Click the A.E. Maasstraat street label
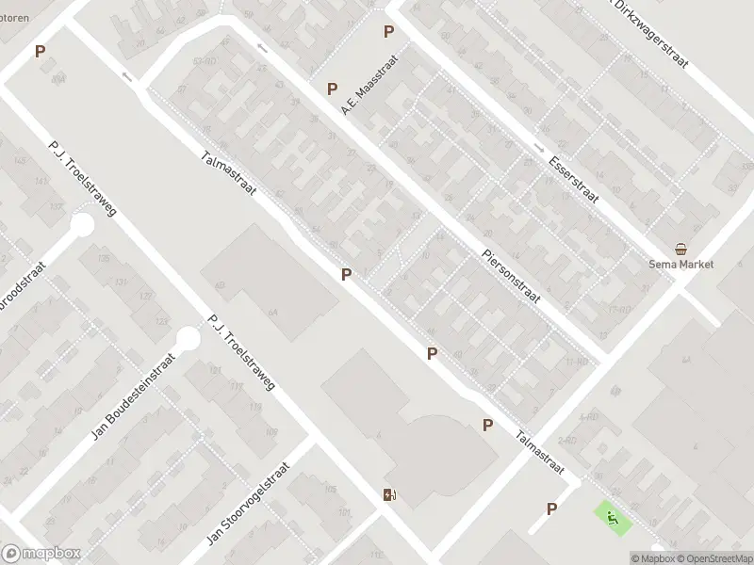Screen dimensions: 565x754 (x=370, y=86)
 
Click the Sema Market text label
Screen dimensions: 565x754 (x=680, y=265)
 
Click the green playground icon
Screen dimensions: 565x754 (x=612, y=516)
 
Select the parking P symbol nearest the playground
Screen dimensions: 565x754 (x=551, y=508)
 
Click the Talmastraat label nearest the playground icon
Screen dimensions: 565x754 (x=540, y=452)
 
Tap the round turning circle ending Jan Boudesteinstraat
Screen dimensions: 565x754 (x=188, y=337)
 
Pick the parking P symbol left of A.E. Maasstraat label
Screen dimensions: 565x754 (x=332, y=89)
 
